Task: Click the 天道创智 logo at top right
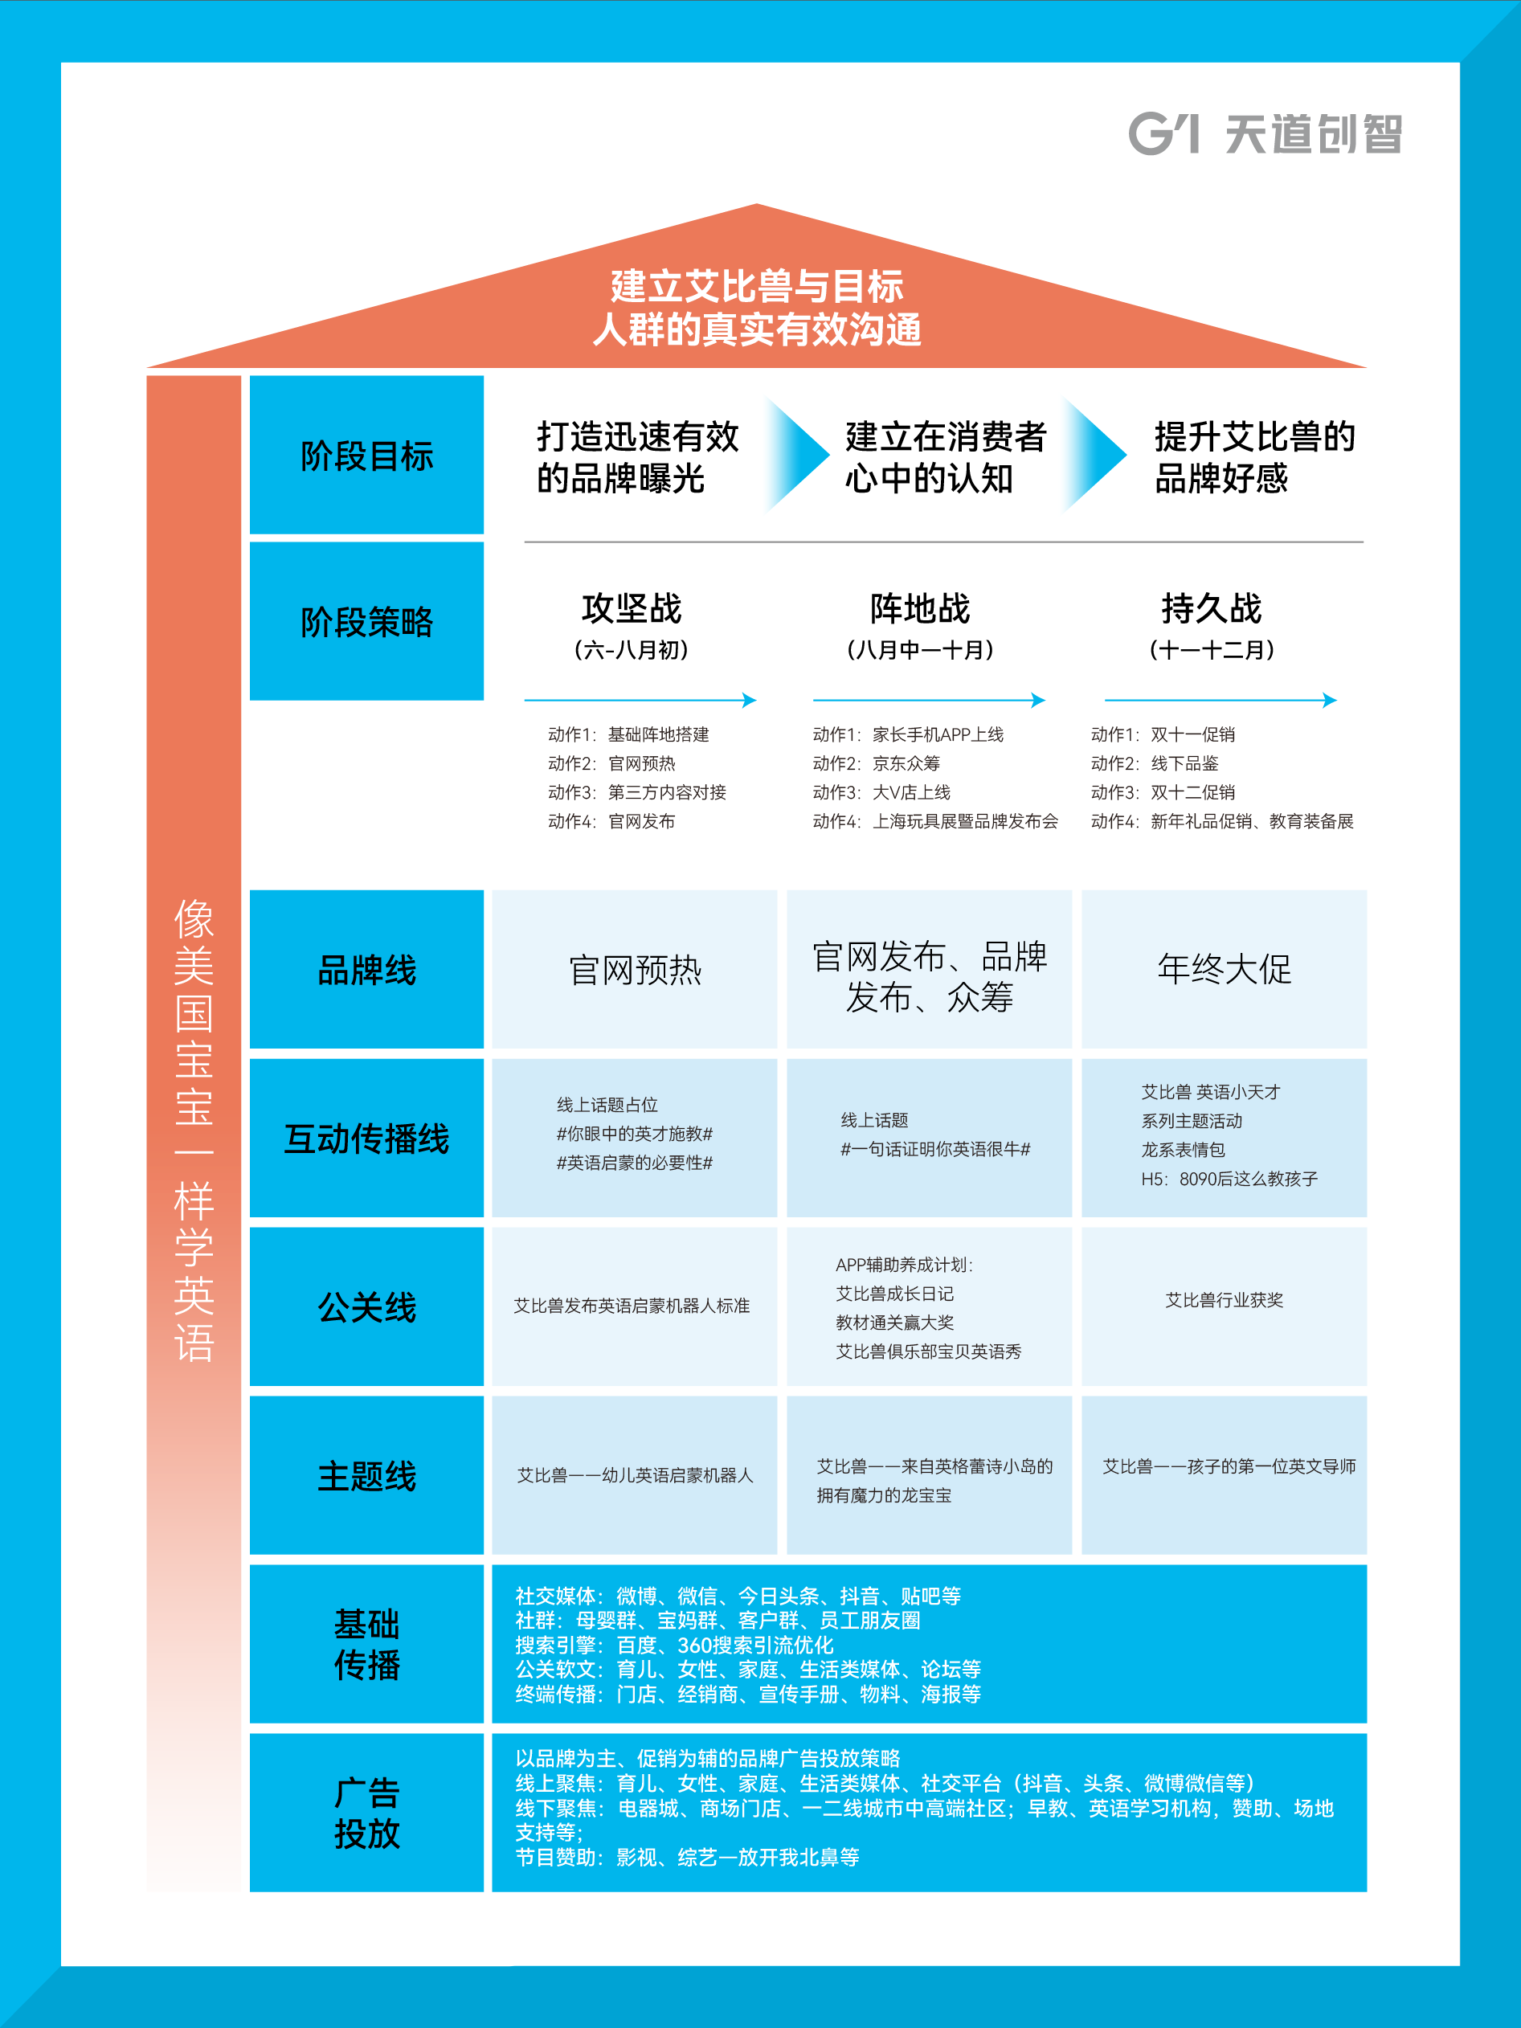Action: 1265,134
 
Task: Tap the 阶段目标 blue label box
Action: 366,455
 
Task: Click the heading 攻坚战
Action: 632,608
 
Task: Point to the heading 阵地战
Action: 919,608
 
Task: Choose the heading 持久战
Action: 1211,608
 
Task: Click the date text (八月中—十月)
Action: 919,650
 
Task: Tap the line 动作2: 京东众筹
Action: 877,763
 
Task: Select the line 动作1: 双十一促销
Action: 1163,734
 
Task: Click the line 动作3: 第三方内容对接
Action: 637,792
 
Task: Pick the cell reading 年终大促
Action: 1224,969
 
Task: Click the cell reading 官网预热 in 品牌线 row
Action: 635,970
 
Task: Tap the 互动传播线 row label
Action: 366,1139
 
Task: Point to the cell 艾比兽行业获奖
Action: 1224,1300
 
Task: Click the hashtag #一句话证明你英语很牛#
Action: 935,1149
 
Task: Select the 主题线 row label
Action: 366,1476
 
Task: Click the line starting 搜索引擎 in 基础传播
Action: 674,1645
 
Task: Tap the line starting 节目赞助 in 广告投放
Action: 687,1858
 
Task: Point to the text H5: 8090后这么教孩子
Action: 1229,1179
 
